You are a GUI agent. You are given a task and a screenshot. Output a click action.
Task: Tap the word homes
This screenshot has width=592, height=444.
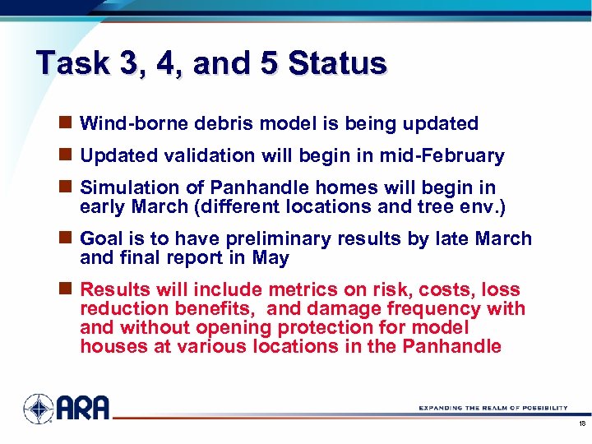[319, 188]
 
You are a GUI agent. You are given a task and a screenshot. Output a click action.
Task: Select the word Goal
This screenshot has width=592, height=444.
[101, 239]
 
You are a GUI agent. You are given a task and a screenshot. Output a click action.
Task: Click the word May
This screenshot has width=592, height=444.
[271, 258]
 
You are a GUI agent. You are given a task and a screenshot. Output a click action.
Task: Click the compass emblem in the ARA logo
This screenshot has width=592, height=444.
[38, 409]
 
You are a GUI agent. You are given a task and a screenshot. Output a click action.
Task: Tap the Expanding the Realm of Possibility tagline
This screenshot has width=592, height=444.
[493, 408]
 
